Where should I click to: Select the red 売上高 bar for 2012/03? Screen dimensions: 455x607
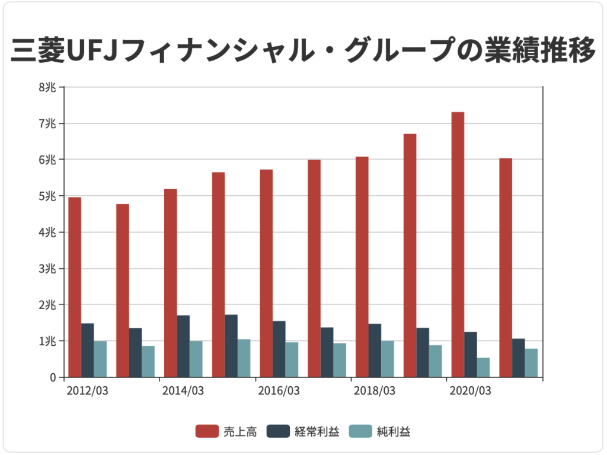pos(75,287)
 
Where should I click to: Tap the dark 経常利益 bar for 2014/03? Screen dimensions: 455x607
pos(183,346)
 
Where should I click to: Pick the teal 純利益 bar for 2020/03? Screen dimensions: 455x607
pos(483,367)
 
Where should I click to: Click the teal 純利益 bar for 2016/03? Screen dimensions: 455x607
pos(292,359)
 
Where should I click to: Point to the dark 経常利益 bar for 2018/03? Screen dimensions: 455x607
pos(375,350)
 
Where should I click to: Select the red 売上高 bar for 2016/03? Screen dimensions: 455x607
pos(266,273)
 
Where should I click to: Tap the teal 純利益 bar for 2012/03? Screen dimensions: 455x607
pos(100,359)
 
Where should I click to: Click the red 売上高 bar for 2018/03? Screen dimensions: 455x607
pos(362,267)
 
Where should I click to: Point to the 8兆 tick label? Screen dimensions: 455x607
pos(48,87)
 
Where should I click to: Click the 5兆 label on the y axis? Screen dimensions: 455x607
pos(48,196)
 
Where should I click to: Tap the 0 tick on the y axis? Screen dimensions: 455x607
pos(53,377)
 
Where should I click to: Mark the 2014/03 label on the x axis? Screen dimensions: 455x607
pos(183,391)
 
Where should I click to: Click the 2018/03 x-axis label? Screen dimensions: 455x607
pos(374,391)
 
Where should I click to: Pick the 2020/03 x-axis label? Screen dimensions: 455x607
pos(470,391)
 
